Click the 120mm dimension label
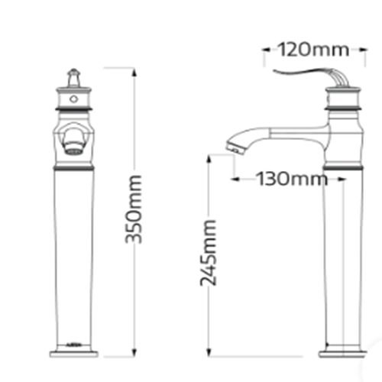[x=313, y=50]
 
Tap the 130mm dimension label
[x=292, y=179]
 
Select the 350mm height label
[x=133, y=209]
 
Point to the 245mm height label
[x=208, y=253]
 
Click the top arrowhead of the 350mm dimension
[x=134, y=72]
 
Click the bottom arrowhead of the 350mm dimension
[x=134, y=352]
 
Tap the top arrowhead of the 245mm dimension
[x=209, y=159]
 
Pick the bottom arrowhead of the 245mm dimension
[x=209, y=352]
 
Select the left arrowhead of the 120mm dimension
[x=267, y=50]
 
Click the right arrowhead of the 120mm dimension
[x=363, y=50]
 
